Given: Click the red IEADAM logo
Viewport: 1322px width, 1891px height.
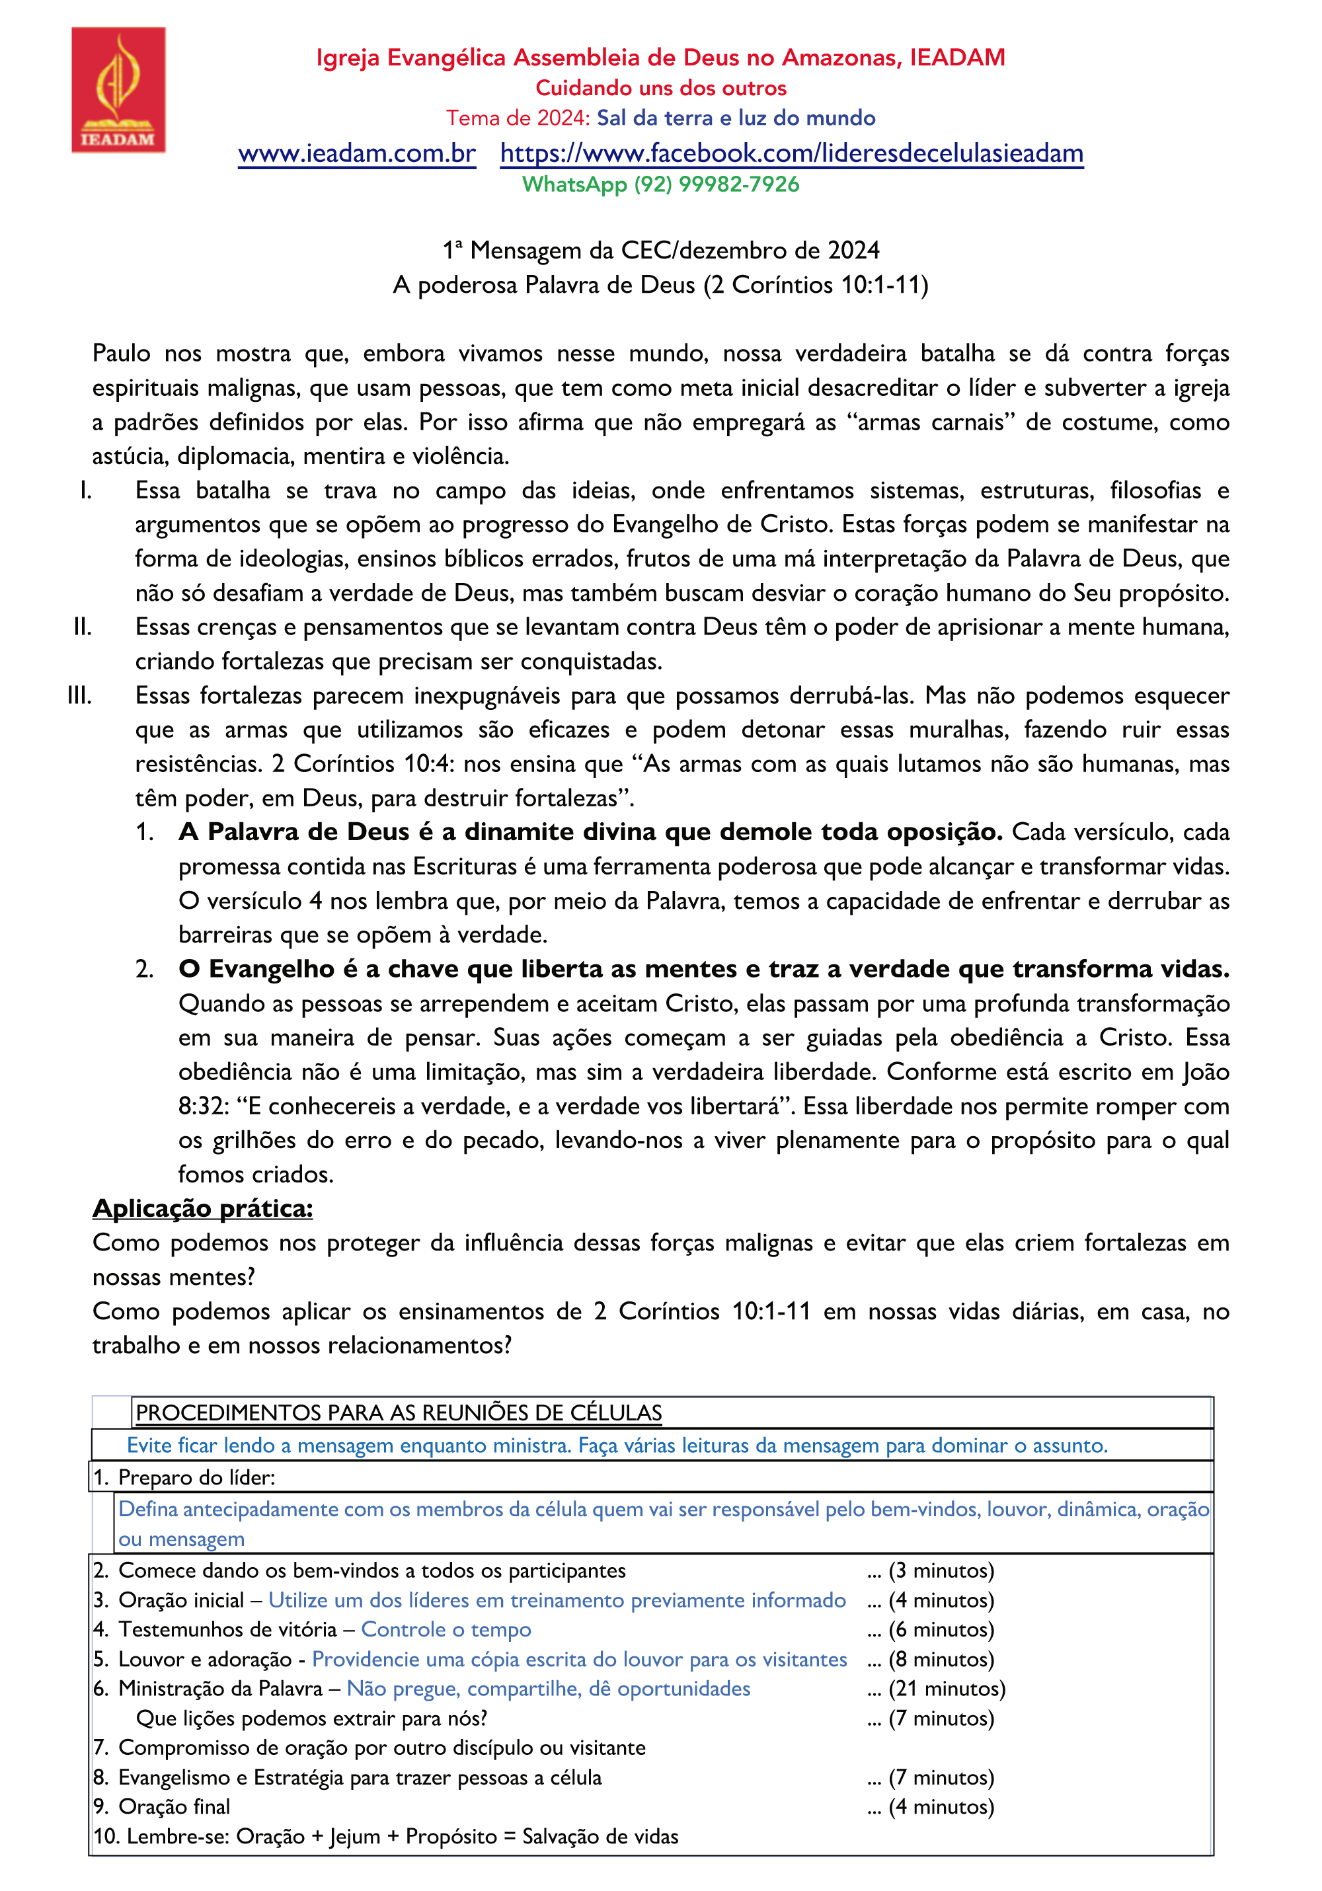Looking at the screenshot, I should click(118, 89).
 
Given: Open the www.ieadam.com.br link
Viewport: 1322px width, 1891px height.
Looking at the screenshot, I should click(357, 154).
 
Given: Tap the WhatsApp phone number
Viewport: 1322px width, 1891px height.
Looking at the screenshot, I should click(716, 184).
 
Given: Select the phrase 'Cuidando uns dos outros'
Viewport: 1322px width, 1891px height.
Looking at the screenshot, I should click(660, 88).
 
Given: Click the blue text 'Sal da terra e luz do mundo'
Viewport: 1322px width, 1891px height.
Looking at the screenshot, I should click(736, 118).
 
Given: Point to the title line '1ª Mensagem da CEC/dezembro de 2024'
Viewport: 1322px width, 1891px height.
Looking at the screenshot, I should click(660, 251).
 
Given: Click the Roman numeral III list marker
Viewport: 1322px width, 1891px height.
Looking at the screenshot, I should click(80, 696).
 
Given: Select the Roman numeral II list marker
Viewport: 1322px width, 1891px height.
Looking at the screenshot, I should click(83, 628).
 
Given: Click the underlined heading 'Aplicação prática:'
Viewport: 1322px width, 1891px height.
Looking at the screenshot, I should click(203, 1208).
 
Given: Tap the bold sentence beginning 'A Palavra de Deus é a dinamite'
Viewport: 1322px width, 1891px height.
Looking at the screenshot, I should click(590, 833).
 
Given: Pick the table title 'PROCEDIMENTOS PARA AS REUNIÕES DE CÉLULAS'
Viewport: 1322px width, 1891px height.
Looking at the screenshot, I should click(399, 1412).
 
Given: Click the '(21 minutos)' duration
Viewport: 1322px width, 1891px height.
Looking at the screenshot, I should click(947, 1689).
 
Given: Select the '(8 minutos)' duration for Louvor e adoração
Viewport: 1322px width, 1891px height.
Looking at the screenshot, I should click(941, 1660).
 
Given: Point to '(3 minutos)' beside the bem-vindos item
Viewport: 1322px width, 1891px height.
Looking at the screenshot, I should click(941, 1570).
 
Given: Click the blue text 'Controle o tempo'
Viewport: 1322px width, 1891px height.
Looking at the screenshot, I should click(446, 1630).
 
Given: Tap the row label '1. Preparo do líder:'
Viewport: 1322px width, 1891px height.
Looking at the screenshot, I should click(184, 1477).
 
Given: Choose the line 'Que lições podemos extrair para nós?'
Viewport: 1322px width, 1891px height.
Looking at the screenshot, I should click(311, 1719).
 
